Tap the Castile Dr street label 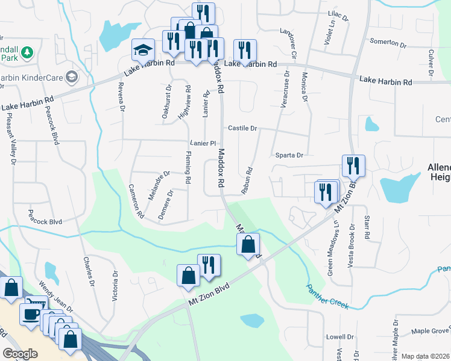(x=242, y=128)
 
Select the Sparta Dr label (x=289, y=155)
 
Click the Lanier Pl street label (x=203, y=143)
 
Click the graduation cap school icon (x=143, y=49)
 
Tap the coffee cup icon (x=30, y=313)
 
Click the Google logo (x=20, y=353)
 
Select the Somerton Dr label (x=389, y=43)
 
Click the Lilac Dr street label (x=338, y=14)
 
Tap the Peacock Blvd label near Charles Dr (x=45, y=221)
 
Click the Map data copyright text (x=426, y=356)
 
